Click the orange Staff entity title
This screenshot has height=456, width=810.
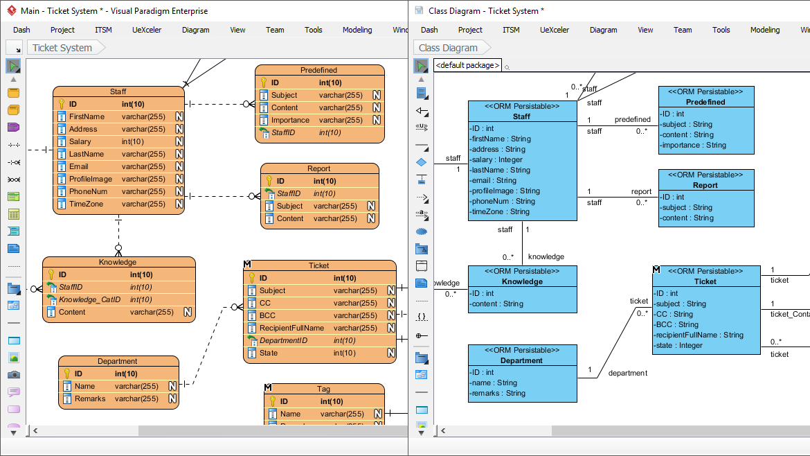118,91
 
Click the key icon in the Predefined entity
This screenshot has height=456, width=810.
263,82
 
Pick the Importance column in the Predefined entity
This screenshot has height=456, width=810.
290,120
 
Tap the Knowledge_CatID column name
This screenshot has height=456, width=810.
89,299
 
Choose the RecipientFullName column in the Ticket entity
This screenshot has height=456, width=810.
291,328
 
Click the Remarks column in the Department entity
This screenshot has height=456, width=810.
90,398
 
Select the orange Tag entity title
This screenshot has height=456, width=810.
323,389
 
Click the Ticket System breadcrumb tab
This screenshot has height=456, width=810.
62,48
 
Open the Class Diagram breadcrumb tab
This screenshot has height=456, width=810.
448,48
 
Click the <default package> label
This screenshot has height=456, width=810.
467,65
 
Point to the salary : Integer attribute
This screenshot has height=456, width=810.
497,159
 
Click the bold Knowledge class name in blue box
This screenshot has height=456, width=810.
522,281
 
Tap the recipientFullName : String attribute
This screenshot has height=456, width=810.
699,335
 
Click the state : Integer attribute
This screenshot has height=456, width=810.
679,345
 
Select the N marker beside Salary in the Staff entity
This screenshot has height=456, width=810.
179,141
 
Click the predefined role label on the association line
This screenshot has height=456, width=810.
632,119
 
